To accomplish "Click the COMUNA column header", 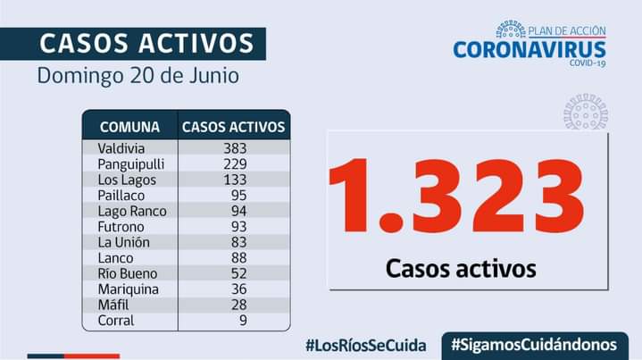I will pyautogui.click(x=129, y=126).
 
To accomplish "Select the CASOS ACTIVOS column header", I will pyautogui.click(x=233, y=126).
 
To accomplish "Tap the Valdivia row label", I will pyautogui.click(x=121, y=148).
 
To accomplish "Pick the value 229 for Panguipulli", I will pyautogui.click(x=235, y=164).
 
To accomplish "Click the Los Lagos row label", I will pyautogui.click(x=127, y=180).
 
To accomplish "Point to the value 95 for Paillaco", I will pyautogui.click(x=238, y=196).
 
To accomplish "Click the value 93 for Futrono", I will pyautogui.click(x=238, y=227).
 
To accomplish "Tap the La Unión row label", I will pyautogui.click(x=125, y=242).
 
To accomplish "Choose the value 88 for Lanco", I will pyautogui.click(x=238, y=258).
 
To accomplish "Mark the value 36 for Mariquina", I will pyautogui.click(x=238, y=289).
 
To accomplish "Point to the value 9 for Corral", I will pyautogui.click(x=242, y=321).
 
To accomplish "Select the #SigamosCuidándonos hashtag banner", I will pyautogui.click(x=533, y=345).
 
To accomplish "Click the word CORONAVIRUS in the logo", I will pyautogui.click(x=529, y=49).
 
